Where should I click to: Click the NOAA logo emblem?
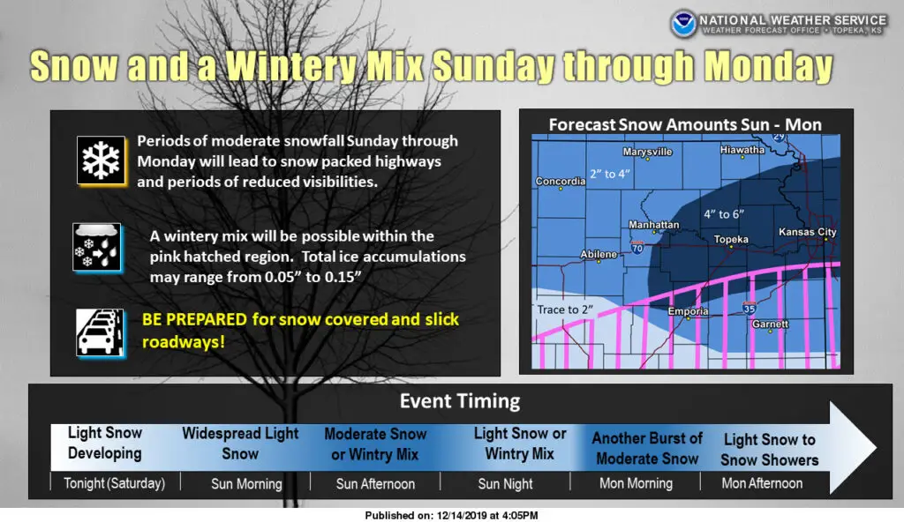(x=683, y=24)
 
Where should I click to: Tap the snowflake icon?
(x=101, y=160)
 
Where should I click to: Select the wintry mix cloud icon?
(x=97, y=247)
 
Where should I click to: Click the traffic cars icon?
(x=100, y=333)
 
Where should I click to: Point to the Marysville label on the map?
(x=647, y=152)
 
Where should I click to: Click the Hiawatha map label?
(x=742, y=150)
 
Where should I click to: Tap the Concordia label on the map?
(x=561, y=181)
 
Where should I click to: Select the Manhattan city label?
(x=654, y=225)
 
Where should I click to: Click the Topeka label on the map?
(x=731, y=239)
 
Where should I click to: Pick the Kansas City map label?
(x=807, y=232)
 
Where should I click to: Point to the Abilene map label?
(x=599, y=254)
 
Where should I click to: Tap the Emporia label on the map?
(x=688, y=311)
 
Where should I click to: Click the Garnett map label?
(x=770, y=324)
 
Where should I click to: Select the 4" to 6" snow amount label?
(x=724, y=214)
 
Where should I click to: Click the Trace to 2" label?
(x=565, y=309)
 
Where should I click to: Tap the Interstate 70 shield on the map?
(x=637, y=248)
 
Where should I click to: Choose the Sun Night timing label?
(x=505, y=484)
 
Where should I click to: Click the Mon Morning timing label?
(x=636, y=483)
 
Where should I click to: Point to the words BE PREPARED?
(x=194, y=319)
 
